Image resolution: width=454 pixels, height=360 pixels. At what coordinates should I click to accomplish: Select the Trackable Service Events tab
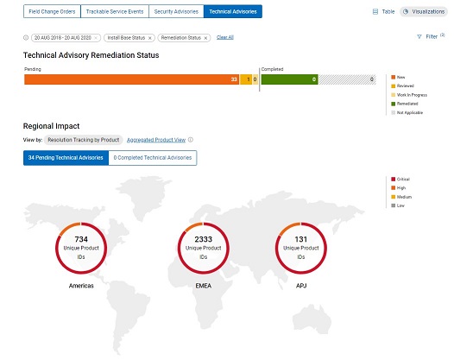(111, 11)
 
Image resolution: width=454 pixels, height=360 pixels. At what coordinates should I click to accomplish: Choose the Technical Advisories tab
(233, 11)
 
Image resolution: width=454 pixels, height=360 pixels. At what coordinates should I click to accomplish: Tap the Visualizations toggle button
(423, 11)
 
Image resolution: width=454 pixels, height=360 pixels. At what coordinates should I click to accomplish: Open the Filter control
(431, 37)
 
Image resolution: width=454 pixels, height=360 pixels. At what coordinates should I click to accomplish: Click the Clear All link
(224, 38)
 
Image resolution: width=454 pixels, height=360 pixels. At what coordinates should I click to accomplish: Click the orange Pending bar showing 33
(129, 79)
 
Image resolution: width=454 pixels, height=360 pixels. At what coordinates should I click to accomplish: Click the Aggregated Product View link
(155, 139)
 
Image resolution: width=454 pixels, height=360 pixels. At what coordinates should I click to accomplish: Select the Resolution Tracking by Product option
(83, 139)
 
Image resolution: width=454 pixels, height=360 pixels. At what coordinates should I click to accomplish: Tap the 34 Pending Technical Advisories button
(67, 158)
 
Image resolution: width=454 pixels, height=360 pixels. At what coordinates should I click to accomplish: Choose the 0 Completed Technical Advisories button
(153, 158)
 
